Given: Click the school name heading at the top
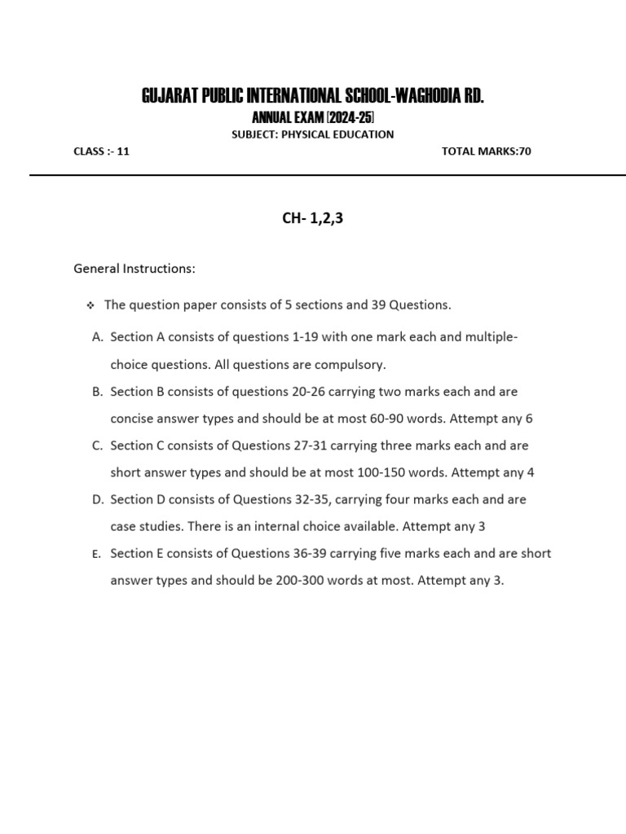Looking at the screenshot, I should pos(313,97).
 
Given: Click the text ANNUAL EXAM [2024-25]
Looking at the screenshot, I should pos(313,118).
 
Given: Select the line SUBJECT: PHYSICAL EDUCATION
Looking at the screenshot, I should pos(313,134).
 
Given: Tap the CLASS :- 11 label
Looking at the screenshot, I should pos(101,151).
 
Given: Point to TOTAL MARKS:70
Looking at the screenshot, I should pos(486,151).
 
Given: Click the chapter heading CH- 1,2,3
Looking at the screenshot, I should pos(313,218).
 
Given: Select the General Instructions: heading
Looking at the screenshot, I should pos(134,268).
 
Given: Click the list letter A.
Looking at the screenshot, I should pos(97,337).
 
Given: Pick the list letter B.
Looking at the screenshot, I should pos(97,392).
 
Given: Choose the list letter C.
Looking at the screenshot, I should pos(97,446).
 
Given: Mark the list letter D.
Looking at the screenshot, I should pos(97,499).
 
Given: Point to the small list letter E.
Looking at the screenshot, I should pos(96,554).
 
